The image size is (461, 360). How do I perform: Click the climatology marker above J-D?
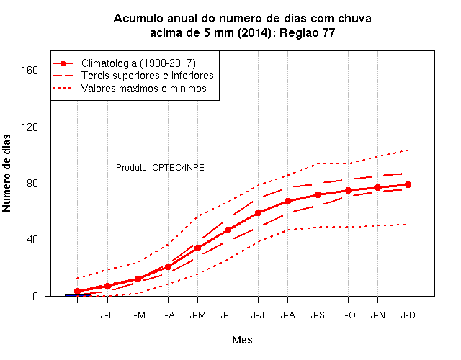pyautogui.click(x=408, y=184)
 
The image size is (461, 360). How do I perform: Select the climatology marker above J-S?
pyautogui.click(x=318, y=194)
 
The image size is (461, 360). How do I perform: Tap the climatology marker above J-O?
pyautogui.click(x=348, y=190)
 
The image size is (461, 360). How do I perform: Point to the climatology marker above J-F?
pyautogui.click(x=107, y=286)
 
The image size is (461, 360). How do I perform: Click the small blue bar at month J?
pyautogui.click(x=78, y=295)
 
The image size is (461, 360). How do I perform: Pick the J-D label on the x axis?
pyautogui.click(x=408, y=315)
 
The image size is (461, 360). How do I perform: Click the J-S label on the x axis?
pyautogui.click(x=318, y=315)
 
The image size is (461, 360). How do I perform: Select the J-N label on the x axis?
pyautogui.click(x=377, y=315)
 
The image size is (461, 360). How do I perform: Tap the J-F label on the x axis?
pyautogui.click(x=107, y=315)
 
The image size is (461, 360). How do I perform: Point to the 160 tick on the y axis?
pyautogui.click(x=30, y=71)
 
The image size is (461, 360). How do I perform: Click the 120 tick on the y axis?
pyautogui.click(x=30, y=127)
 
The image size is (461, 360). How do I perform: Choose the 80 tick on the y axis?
pyautogui.click(x=32, y=184)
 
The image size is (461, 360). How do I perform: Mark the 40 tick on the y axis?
pyautogui.click(x=32, y=240)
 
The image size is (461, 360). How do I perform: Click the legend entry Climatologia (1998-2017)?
pyautogui.click(x=138, y=63)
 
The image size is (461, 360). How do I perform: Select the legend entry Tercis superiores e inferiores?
pyautogui.click(x=147, y=76)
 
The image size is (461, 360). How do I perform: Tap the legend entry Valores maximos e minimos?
pyautogui.click(x=144, y=89)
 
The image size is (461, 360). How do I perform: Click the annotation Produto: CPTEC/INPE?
pyautogui.click(x=160, y=168)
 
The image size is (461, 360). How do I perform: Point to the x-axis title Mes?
pyautogui.click(x=242, y=340)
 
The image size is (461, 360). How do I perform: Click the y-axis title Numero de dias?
pyautogui.click(x=6, y=174)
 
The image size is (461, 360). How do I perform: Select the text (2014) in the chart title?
pyautogui.click(x=254, y=32)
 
